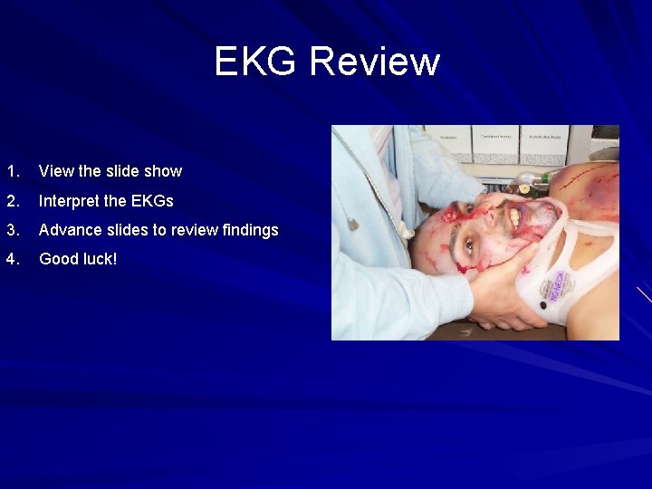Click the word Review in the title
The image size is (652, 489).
point(374,62)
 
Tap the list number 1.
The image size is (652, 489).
point(11,171)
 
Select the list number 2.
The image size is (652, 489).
point(11,200)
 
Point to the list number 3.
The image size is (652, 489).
point(11,230)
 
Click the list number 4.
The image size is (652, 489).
point(11,259)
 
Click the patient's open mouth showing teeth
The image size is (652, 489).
point(513,217)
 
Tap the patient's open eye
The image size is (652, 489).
point(469,244)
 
